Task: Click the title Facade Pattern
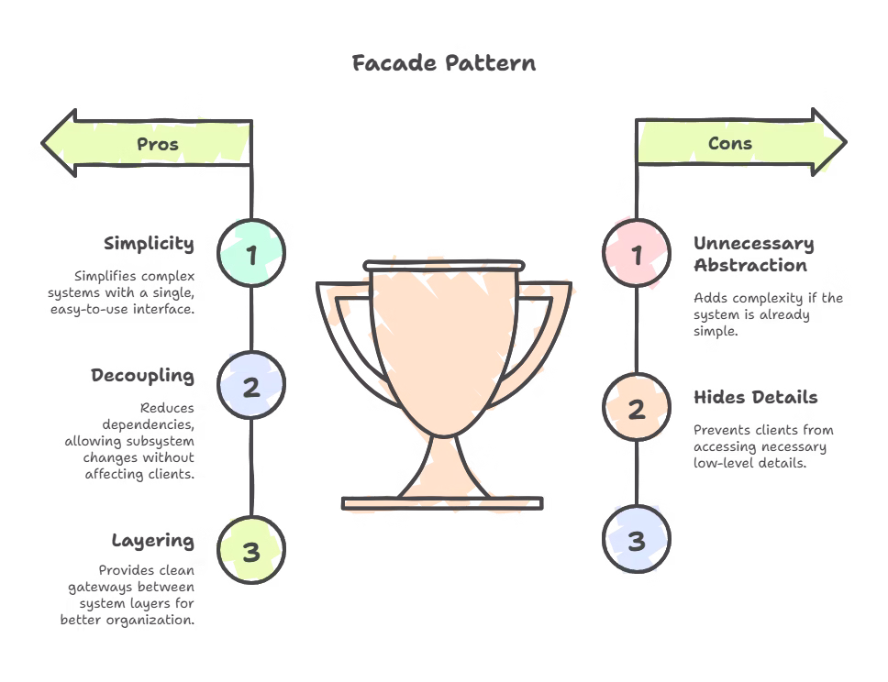coord(444,63)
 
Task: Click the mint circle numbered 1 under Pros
coord(251,252)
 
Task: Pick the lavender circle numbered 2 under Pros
coord(251,386)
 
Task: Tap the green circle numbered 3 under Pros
coord(251,551)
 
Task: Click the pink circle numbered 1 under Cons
coord(637,252)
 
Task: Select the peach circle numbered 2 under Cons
coord(637,409)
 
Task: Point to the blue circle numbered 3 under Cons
coord(637,540)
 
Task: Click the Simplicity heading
coord(149,244)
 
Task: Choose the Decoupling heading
coord(142,376)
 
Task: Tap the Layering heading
coord(152,540)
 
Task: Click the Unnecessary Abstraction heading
coord(753,255)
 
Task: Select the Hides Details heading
coord(755,398)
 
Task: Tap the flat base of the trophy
coord(442,502)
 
